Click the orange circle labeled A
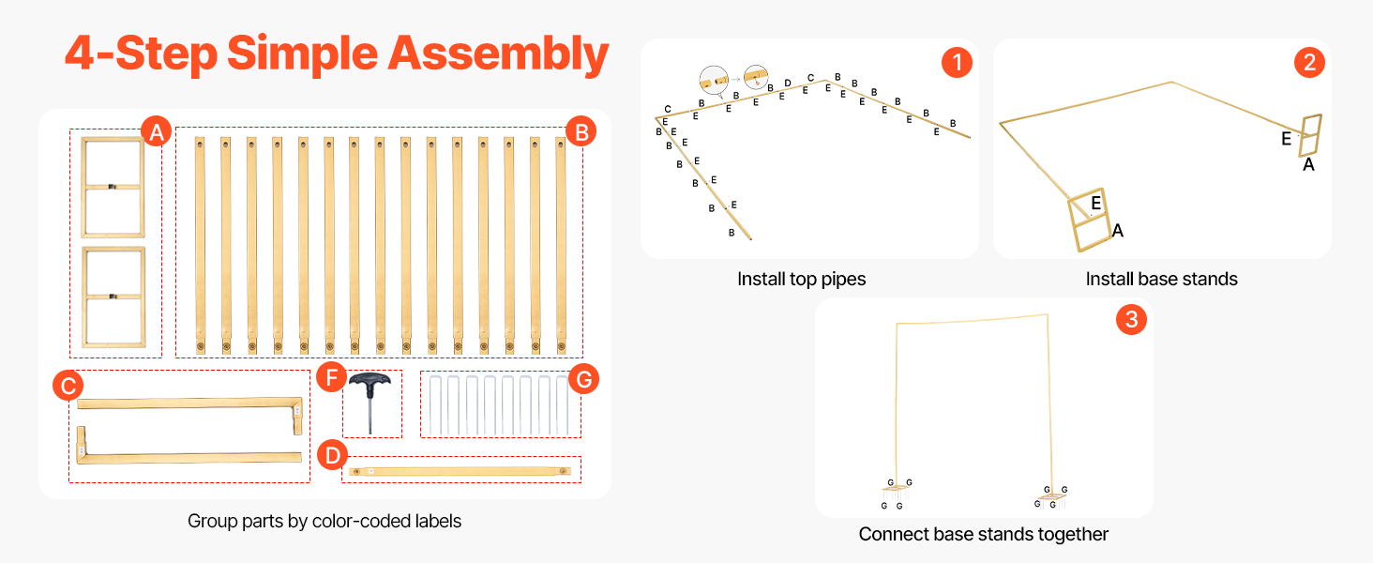(x=156, y=133)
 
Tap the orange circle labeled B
(x=581, y=133)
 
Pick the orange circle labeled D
(x=330, y=455)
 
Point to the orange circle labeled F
(x=330, y=379)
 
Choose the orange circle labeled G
(x=583, y=380)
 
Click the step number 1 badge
(x=956, y=63)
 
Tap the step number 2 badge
(x=1308, y=63)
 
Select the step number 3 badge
(x=1131, y=320)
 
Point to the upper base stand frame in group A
(x=113, y=187)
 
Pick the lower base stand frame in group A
(x=113, y=297)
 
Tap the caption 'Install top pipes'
(x=801, y=279)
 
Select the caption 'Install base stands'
(x=1161, y=279)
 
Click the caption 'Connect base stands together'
(x=983, y=534)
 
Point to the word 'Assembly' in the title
(x=498, y=53)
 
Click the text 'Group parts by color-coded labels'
(x=324, y=521)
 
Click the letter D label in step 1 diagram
(x=788, y=84)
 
